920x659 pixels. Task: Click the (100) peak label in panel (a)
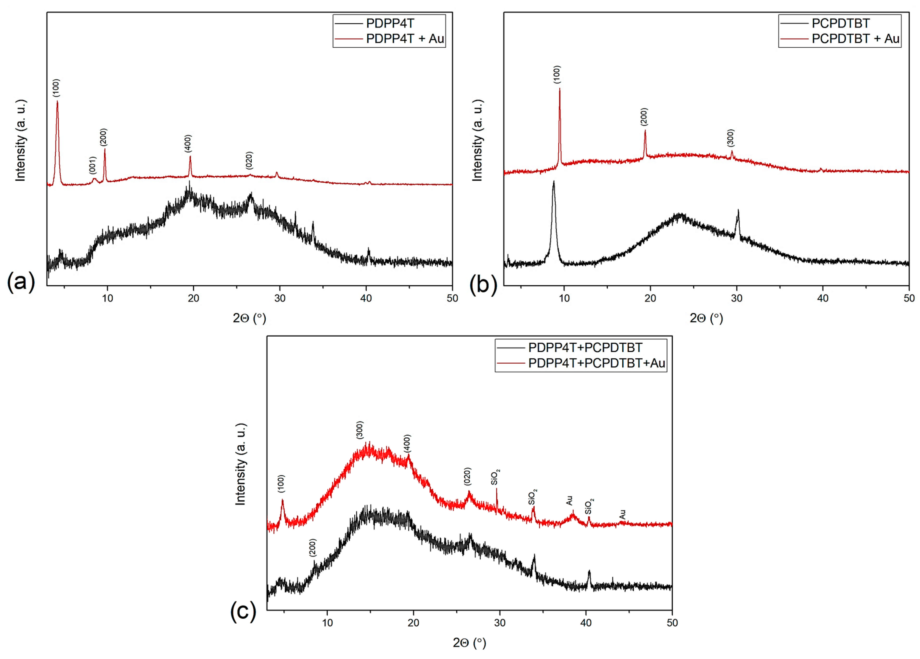[56, 88]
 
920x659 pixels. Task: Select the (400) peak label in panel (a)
[188, 144]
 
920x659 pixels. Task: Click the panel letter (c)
[243, 611]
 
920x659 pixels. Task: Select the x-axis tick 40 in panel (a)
[366, 298]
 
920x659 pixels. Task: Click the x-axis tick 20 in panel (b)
[650, 298]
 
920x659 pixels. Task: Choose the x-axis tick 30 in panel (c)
[500, 623]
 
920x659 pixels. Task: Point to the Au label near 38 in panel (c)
[569, 500]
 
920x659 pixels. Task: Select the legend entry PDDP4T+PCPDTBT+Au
[596, 363]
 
